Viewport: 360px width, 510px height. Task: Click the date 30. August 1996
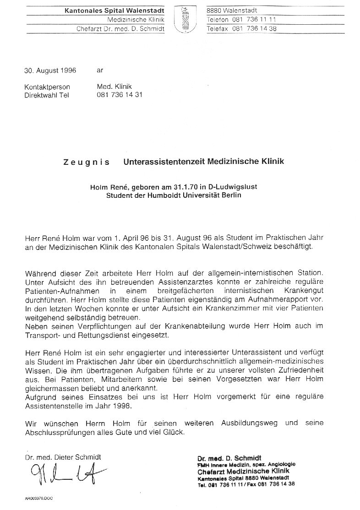pyautogui.click(x=50, y=71)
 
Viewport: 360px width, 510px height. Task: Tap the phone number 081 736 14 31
pyautogui.click(x=120, y=95)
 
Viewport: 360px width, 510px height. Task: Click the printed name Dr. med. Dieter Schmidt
pyautogui.click(x=63, y=457)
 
